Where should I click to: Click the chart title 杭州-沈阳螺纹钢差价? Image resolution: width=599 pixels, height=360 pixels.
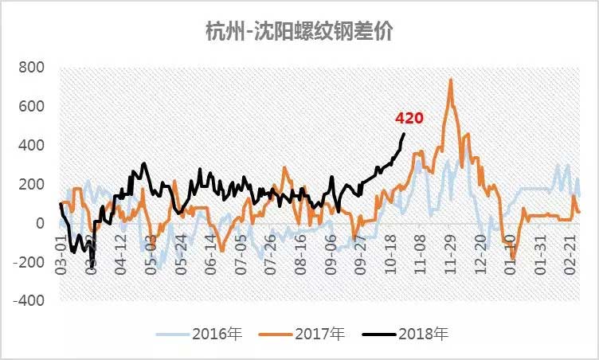point(299,31)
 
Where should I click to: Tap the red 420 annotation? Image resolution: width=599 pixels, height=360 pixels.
point(409,118)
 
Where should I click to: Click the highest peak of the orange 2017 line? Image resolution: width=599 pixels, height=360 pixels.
point(451,79)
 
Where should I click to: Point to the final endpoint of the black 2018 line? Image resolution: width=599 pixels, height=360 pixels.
point(404,134)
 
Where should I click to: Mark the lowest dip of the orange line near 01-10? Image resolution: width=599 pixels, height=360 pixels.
point(514,256)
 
